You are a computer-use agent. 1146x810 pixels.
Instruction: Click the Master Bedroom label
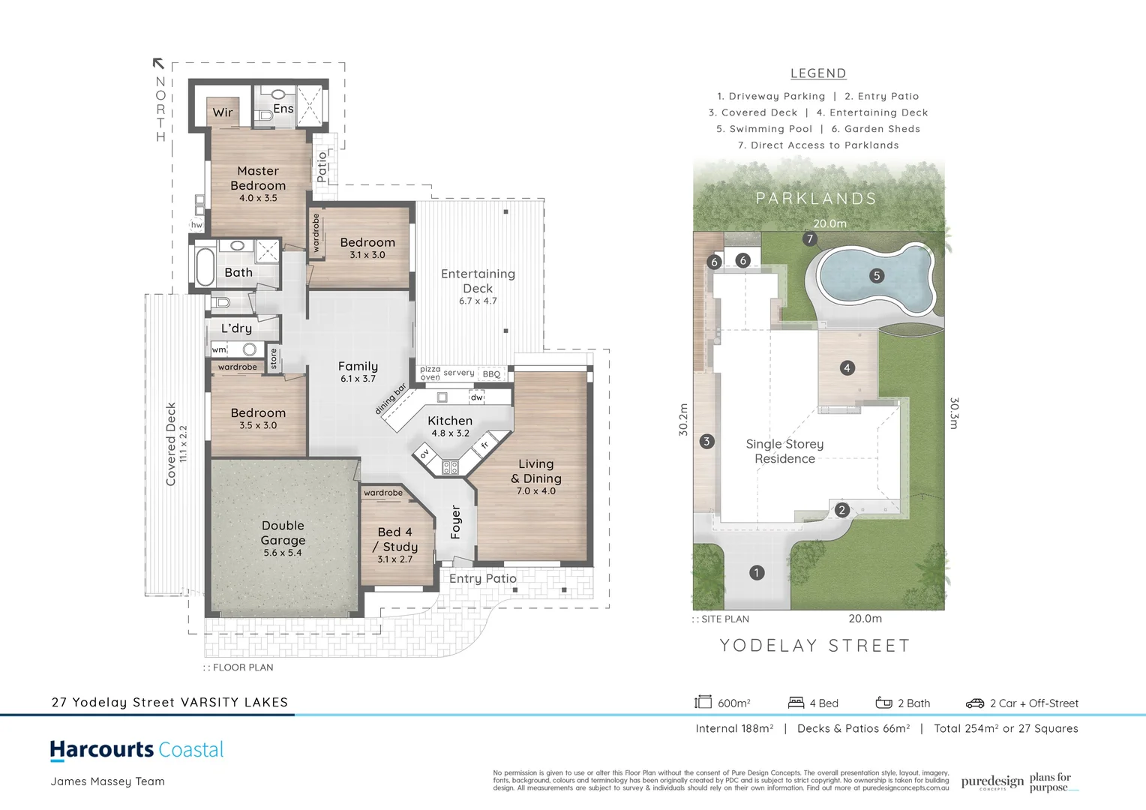(258, 178)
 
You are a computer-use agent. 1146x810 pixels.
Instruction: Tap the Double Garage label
(283, 533)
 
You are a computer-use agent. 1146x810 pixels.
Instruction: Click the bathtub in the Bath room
(205, 266)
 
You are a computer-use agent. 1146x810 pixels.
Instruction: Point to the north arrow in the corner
(158, 64)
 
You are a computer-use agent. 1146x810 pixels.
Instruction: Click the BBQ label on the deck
(491, 373)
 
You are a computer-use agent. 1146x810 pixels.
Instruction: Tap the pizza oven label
(430, 373)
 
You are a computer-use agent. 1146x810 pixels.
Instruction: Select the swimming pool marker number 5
(876, 275)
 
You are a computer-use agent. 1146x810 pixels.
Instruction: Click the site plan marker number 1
(756, 572)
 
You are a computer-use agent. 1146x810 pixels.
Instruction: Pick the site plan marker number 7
(809, 239)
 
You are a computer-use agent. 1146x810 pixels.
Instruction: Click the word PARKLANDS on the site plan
(816, 199)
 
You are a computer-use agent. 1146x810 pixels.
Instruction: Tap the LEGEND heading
(818, 73)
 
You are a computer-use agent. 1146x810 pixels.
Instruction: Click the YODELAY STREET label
(814, 646)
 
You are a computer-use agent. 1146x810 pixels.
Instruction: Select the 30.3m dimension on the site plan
(954, 413)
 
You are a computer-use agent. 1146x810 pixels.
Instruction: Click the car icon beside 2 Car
(974, 703)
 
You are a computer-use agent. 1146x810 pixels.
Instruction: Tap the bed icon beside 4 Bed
(796, 702)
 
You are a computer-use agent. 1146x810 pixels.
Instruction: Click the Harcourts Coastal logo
(137, 749)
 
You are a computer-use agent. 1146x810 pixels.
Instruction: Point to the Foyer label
(455, 521)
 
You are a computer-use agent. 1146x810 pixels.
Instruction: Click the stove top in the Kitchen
(450, 467)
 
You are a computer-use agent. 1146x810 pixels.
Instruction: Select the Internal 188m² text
(734, 728)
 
